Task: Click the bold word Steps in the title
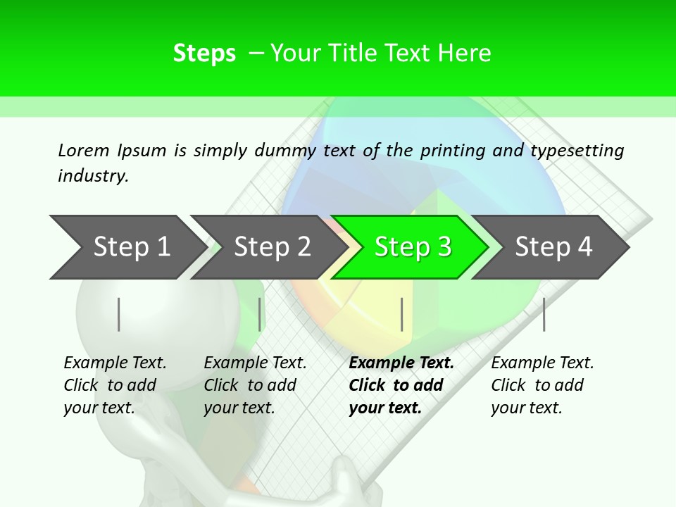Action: (x=204, y=54)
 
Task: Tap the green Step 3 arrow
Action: (x=413, y=247)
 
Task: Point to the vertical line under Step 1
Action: (x=119, y=314)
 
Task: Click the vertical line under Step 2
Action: (x=260, y=314)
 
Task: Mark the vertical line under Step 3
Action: (x=401, y=314)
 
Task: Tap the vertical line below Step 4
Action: (x=544, y=314)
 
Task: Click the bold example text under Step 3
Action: (x=401, y=385)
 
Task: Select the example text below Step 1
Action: (x=115, y=385)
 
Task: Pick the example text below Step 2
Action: (x=255, y=385)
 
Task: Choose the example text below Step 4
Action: (x=542, y=385)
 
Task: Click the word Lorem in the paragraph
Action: (x=83, y=151)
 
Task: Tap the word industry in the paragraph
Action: (x=93, y=176)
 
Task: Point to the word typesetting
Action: (x=577, y=151)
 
